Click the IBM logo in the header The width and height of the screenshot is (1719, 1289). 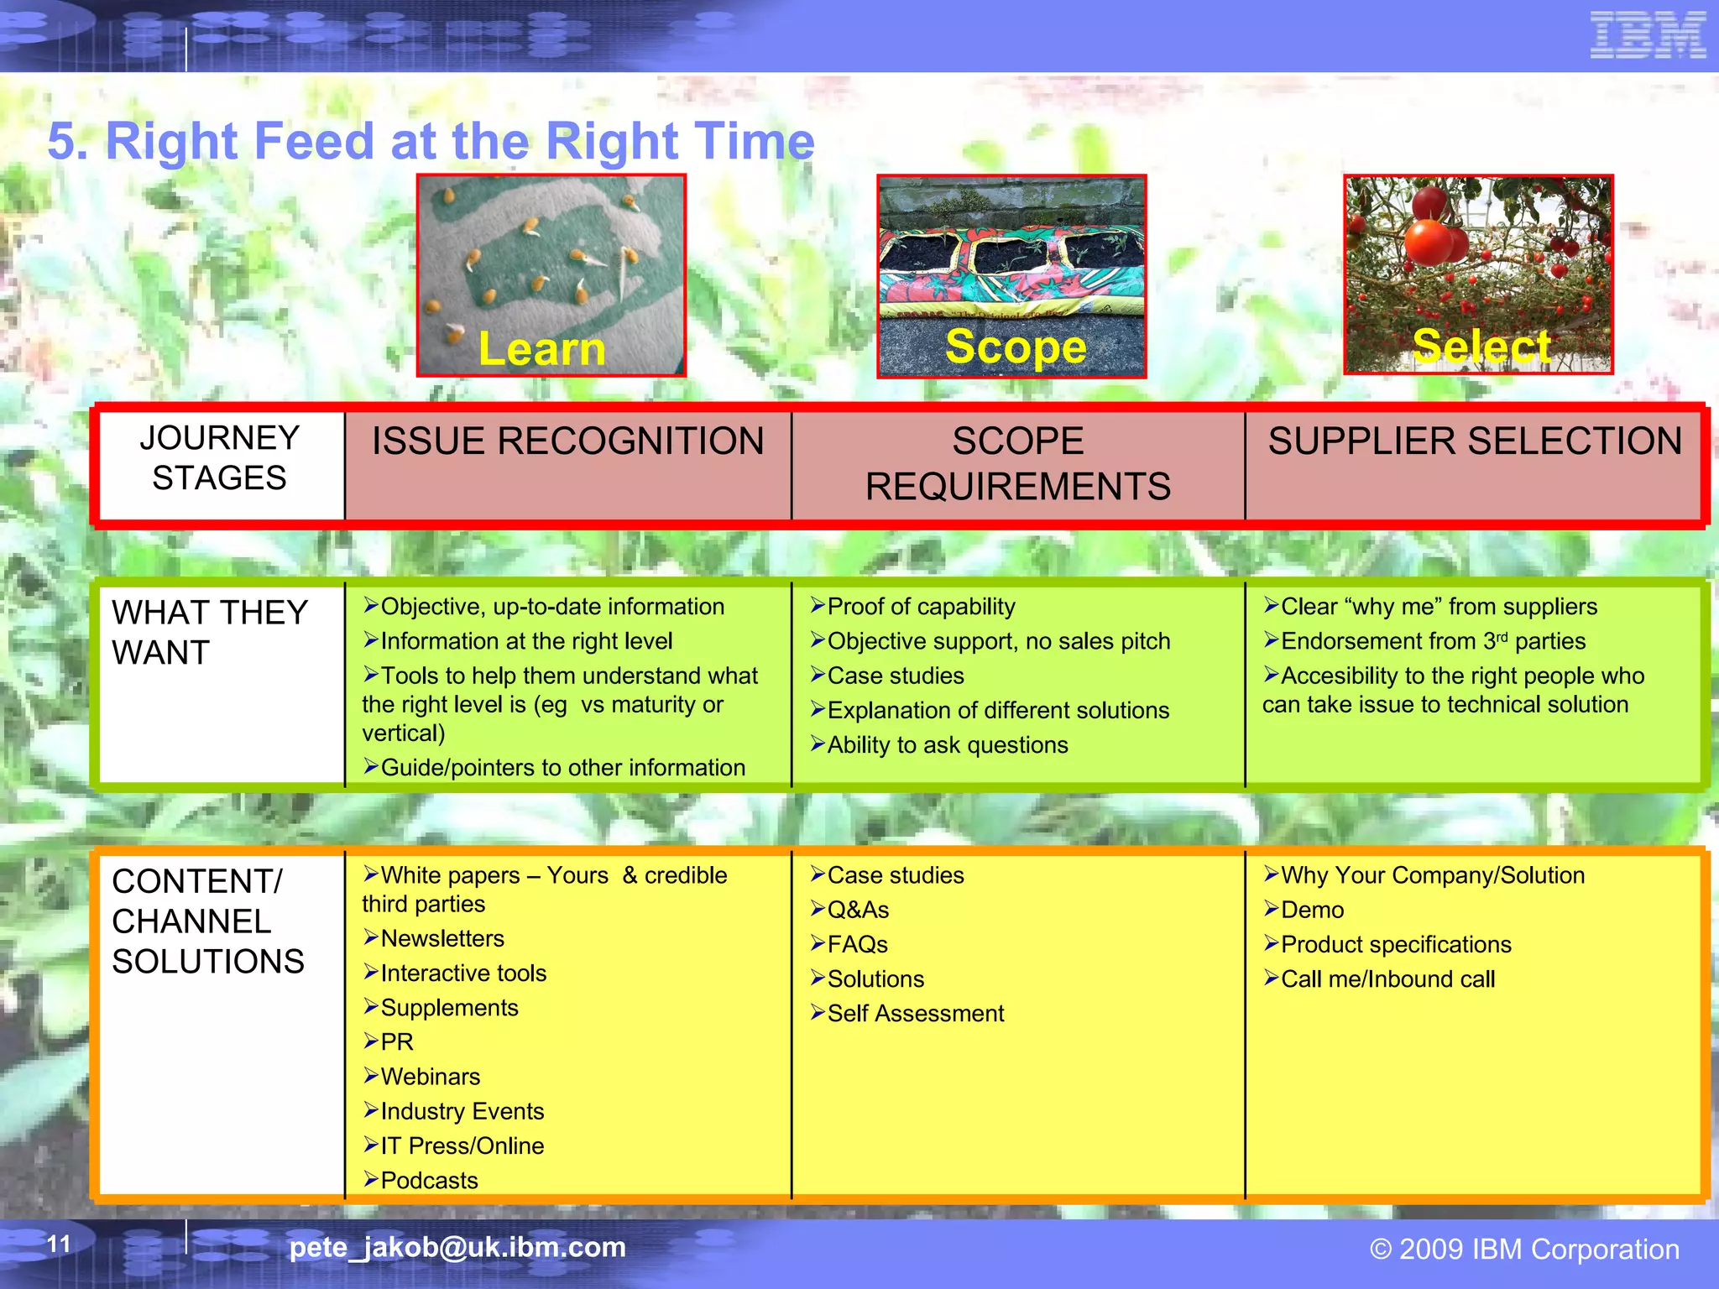1648,35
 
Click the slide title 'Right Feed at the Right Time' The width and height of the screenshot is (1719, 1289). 431,140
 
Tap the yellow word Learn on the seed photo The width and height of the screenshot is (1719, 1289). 541,348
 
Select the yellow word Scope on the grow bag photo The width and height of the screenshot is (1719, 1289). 1015,346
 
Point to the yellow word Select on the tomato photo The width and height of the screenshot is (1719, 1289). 1481,346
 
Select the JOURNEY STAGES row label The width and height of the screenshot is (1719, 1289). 219,458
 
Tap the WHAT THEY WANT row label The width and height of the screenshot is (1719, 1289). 209,632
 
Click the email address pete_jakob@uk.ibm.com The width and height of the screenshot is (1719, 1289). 457,1247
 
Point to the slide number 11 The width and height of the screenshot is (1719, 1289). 59,1244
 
